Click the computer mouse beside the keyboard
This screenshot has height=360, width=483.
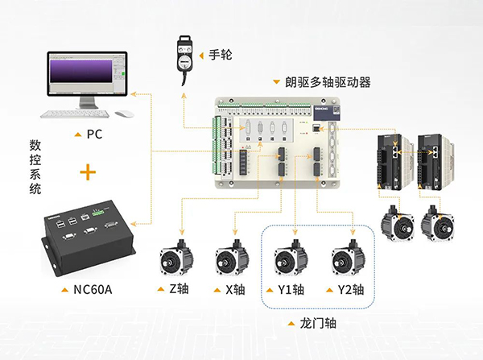click(122, 114)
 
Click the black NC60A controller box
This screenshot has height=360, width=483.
click(89, 237)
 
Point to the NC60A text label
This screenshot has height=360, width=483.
click(94, 289)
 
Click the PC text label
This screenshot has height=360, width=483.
click(94, 134)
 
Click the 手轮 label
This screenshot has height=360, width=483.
click(219, 56)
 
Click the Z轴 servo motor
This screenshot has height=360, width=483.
click(177, 260)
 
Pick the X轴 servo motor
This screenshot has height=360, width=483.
click(232, 260)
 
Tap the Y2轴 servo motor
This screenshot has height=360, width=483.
click(349, 260)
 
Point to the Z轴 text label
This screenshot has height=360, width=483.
click(181, 289)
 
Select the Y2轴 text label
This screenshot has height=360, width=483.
click(353, 289)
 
